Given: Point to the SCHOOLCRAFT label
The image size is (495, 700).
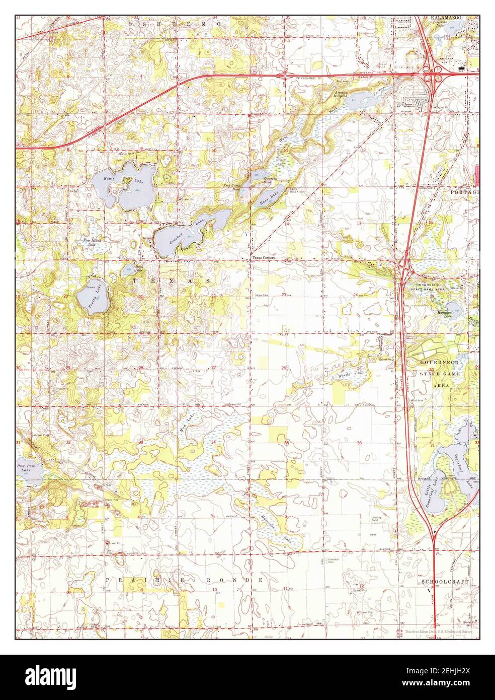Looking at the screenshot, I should [446, 582].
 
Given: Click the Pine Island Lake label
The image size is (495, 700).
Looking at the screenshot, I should [92, 242].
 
